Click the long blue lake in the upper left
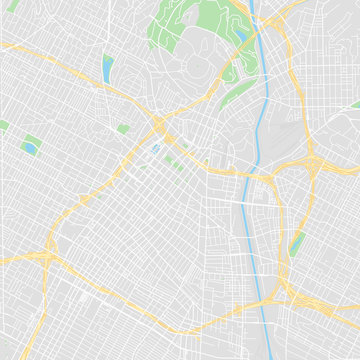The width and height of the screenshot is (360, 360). click(107, 68)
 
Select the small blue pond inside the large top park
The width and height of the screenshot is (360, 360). click(241, 38)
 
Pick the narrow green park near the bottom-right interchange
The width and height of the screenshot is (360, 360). click(297, 243)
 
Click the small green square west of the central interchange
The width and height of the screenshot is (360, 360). click(123, 129)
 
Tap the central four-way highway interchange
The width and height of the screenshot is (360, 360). click(159, 126)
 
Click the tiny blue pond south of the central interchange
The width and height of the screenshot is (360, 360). click(155, 150)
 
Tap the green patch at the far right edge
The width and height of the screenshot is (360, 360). click(355, 104)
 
